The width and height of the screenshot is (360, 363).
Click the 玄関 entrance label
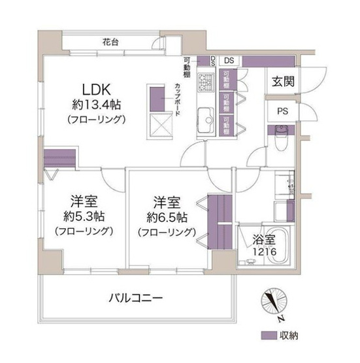point(281,82)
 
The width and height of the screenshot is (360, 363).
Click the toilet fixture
point(282,139)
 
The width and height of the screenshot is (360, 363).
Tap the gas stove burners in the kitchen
point(206,83)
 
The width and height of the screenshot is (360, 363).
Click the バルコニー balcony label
point(135,298)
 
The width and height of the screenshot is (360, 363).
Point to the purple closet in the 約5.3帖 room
point(60,159)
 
